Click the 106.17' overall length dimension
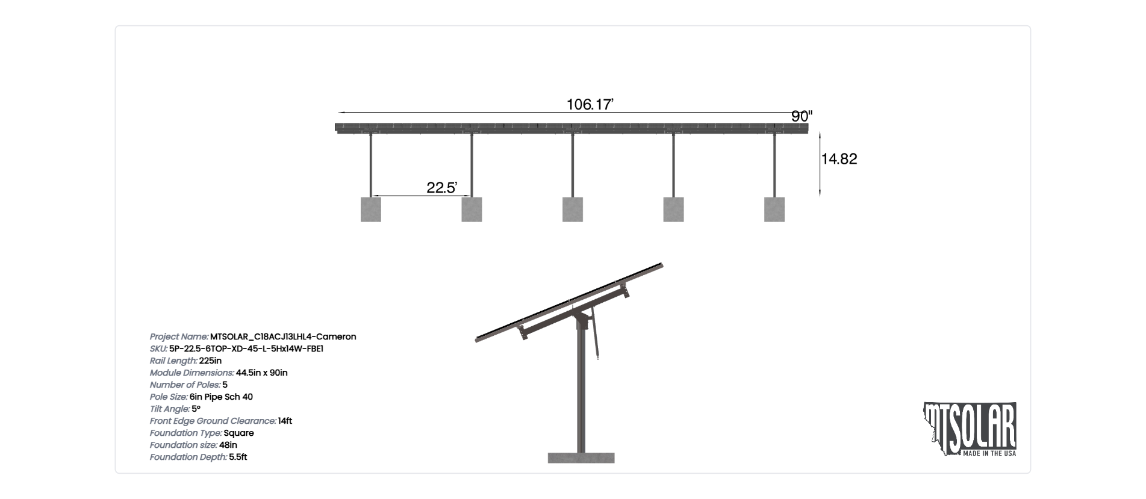(x=590, y=105)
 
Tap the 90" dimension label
(x=802, y=116)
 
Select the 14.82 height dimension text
(x=839, y=159)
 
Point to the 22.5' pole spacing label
(x=442, y=188)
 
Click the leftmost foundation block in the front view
(x=371, y=209)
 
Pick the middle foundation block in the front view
(x=573, y=209)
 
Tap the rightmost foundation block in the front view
(x=774, y=209)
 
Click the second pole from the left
(x=472, y=165)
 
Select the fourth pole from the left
(x=673, y=165)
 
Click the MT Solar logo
(x=970, y=429)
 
